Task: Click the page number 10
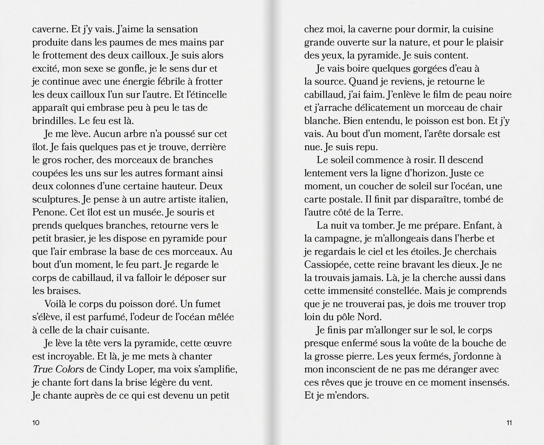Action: [36, 422]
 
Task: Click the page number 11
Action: [509, 422]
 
